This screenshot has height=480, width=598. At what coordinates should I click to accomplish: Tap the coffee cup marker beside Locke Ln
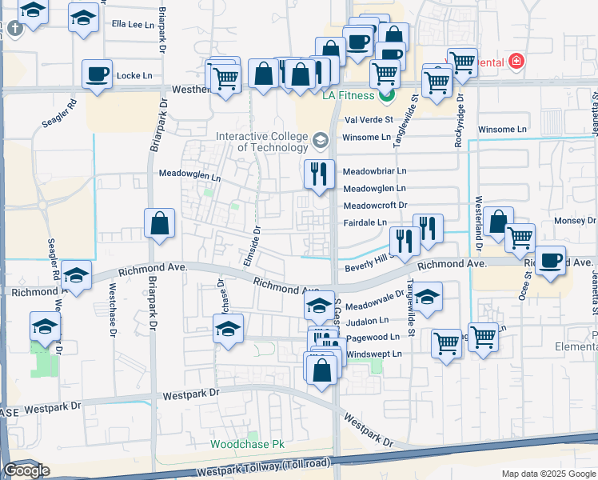click(97, 74)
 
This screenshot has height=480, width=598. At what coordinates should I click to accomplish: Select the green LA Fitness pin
click(387, 96)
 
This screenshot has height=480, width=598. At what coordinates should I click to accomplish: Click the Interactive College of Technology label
click(261, 142)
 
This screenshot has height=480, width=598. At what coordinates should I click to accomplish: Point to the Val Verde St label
click(369, 120)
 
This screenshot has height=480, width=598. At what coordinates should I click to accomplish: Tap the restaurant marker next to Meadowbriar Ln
click(319, 173)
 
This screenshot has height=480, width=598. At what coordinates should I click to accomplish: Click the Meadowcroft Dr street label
click(375, 206)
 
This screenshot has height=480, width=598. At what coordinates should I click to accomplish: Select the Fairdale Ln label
click(365, 222)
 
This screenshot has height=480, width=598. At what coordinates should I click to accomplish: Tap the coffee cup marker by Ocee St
click(550, 261)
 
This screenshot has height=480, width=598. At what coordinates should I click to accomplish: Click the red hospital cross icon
click(516, 62)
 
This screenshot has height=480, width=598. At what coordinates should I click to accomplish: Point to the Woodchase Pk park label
click(247, 444)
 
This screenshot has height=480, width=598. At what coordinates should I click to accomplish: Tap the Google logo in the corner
click(26, 470)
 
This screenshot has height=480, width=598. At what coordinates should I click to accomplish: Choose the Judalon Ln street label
click(367, 321)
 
